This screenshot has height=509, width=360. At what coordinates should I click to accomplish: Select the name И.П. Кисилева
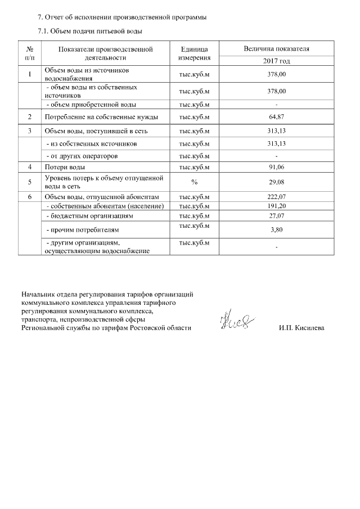pos(301,327)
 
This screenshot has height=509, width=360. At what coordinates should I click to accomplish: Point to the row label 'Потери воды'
pos(65,167)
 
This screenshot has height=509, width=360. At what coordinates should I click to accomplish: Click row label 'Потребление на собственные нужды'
pos(101,117)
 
